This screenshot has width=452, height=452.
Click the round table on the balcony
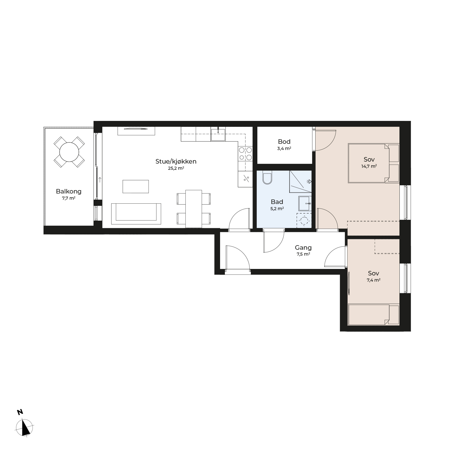tap(69, 152)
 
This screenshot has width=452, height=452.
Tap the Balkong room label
tap(69, 191)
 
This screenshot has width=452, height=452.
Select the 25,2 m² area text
tap(176, 168)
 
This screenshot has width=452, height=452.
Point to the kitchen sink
tap(218, 135)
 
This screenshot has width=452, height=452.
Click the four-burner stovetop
tap(245, 154)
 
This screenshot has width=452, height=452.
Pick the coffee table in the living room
tap(136, 186)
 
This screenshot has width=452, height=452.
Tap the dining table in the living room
tap(194, 209)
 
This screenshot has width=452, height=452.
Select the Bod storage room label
tap(284, 142)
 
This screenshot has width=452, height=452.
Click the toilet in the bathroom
tap(267, 177)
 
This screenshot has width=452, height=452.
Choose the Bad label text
tap(277, 202)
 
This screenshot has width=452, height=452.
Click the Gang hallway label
tap(303, 248)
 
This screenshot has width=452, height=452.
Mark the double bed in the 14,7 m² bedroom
tap(373, 163)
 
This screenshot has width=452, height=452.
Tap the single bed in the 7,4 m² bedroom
tap(373, 314)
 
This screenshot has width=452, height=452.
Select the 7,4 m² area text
tap(373, 280)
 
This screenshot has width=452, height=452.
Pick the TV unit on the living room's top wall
tap(136, 131)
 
